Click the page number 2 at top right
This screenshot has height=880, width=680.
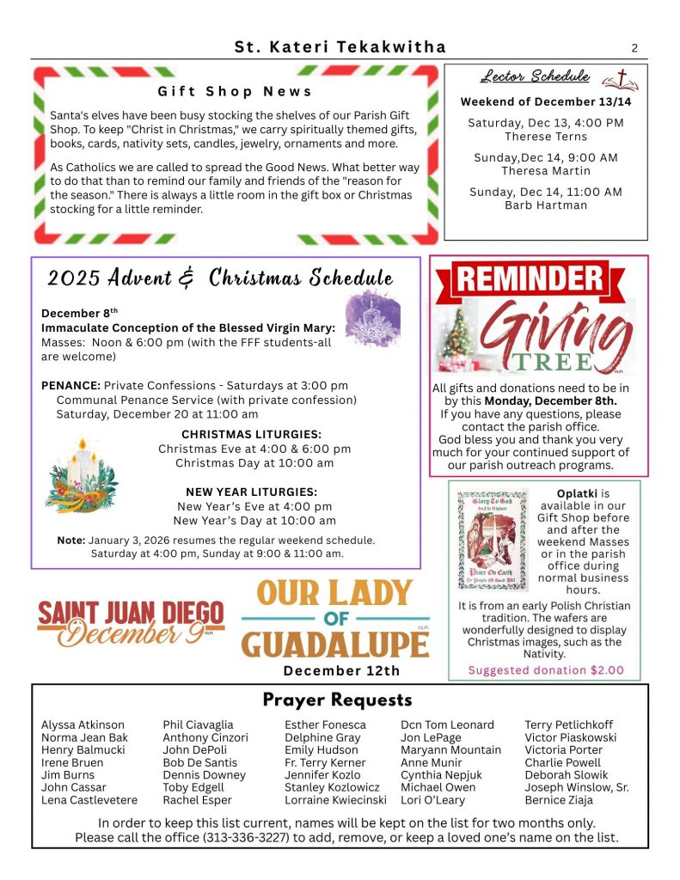[x=634, y=48]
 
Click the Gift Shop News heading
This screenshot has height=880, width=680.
[x=235, y=91]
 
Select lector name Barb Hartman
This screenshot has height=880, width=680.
[x=546, y=205]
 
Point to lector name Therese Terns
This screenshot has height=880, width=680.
[x=546, y=137]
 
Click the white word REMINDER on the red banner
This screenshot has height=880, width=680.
[x=529, y=278]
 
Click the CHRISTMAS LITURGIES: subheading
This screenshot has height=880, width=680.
[x=252, y=435]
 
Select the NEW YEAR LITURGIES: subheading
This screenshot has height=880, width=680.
[x=252, y=492]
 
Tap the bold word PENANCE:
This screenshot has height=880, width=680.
[x=70, y=386]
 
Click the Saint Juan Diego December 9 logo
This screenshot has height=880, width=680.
[x=131, y=623]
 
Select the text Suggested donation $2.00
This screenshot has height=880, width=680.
[x=546, y=670]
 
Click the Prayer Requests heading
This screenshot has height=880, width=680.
[x=337, y=700]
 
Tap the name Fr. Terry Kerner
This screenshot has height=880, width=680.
[x=324, y=762]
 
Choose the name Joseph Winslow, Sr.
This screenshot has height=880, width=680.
[x=577, y=787]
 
